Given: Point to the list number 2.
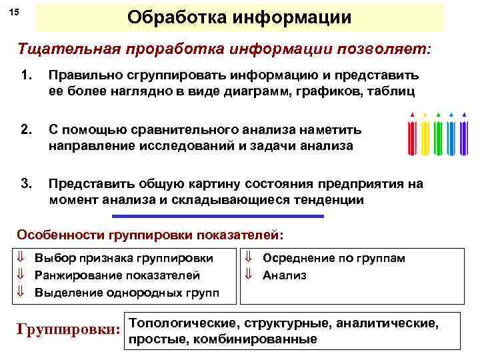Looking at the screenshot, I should (27, 131).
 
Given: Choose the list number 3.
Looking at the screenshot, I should (27, 184).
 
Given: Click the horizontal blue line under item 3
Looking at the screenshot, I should (218, 216).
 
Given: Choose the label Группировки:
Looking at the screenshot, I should (67, 329).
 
